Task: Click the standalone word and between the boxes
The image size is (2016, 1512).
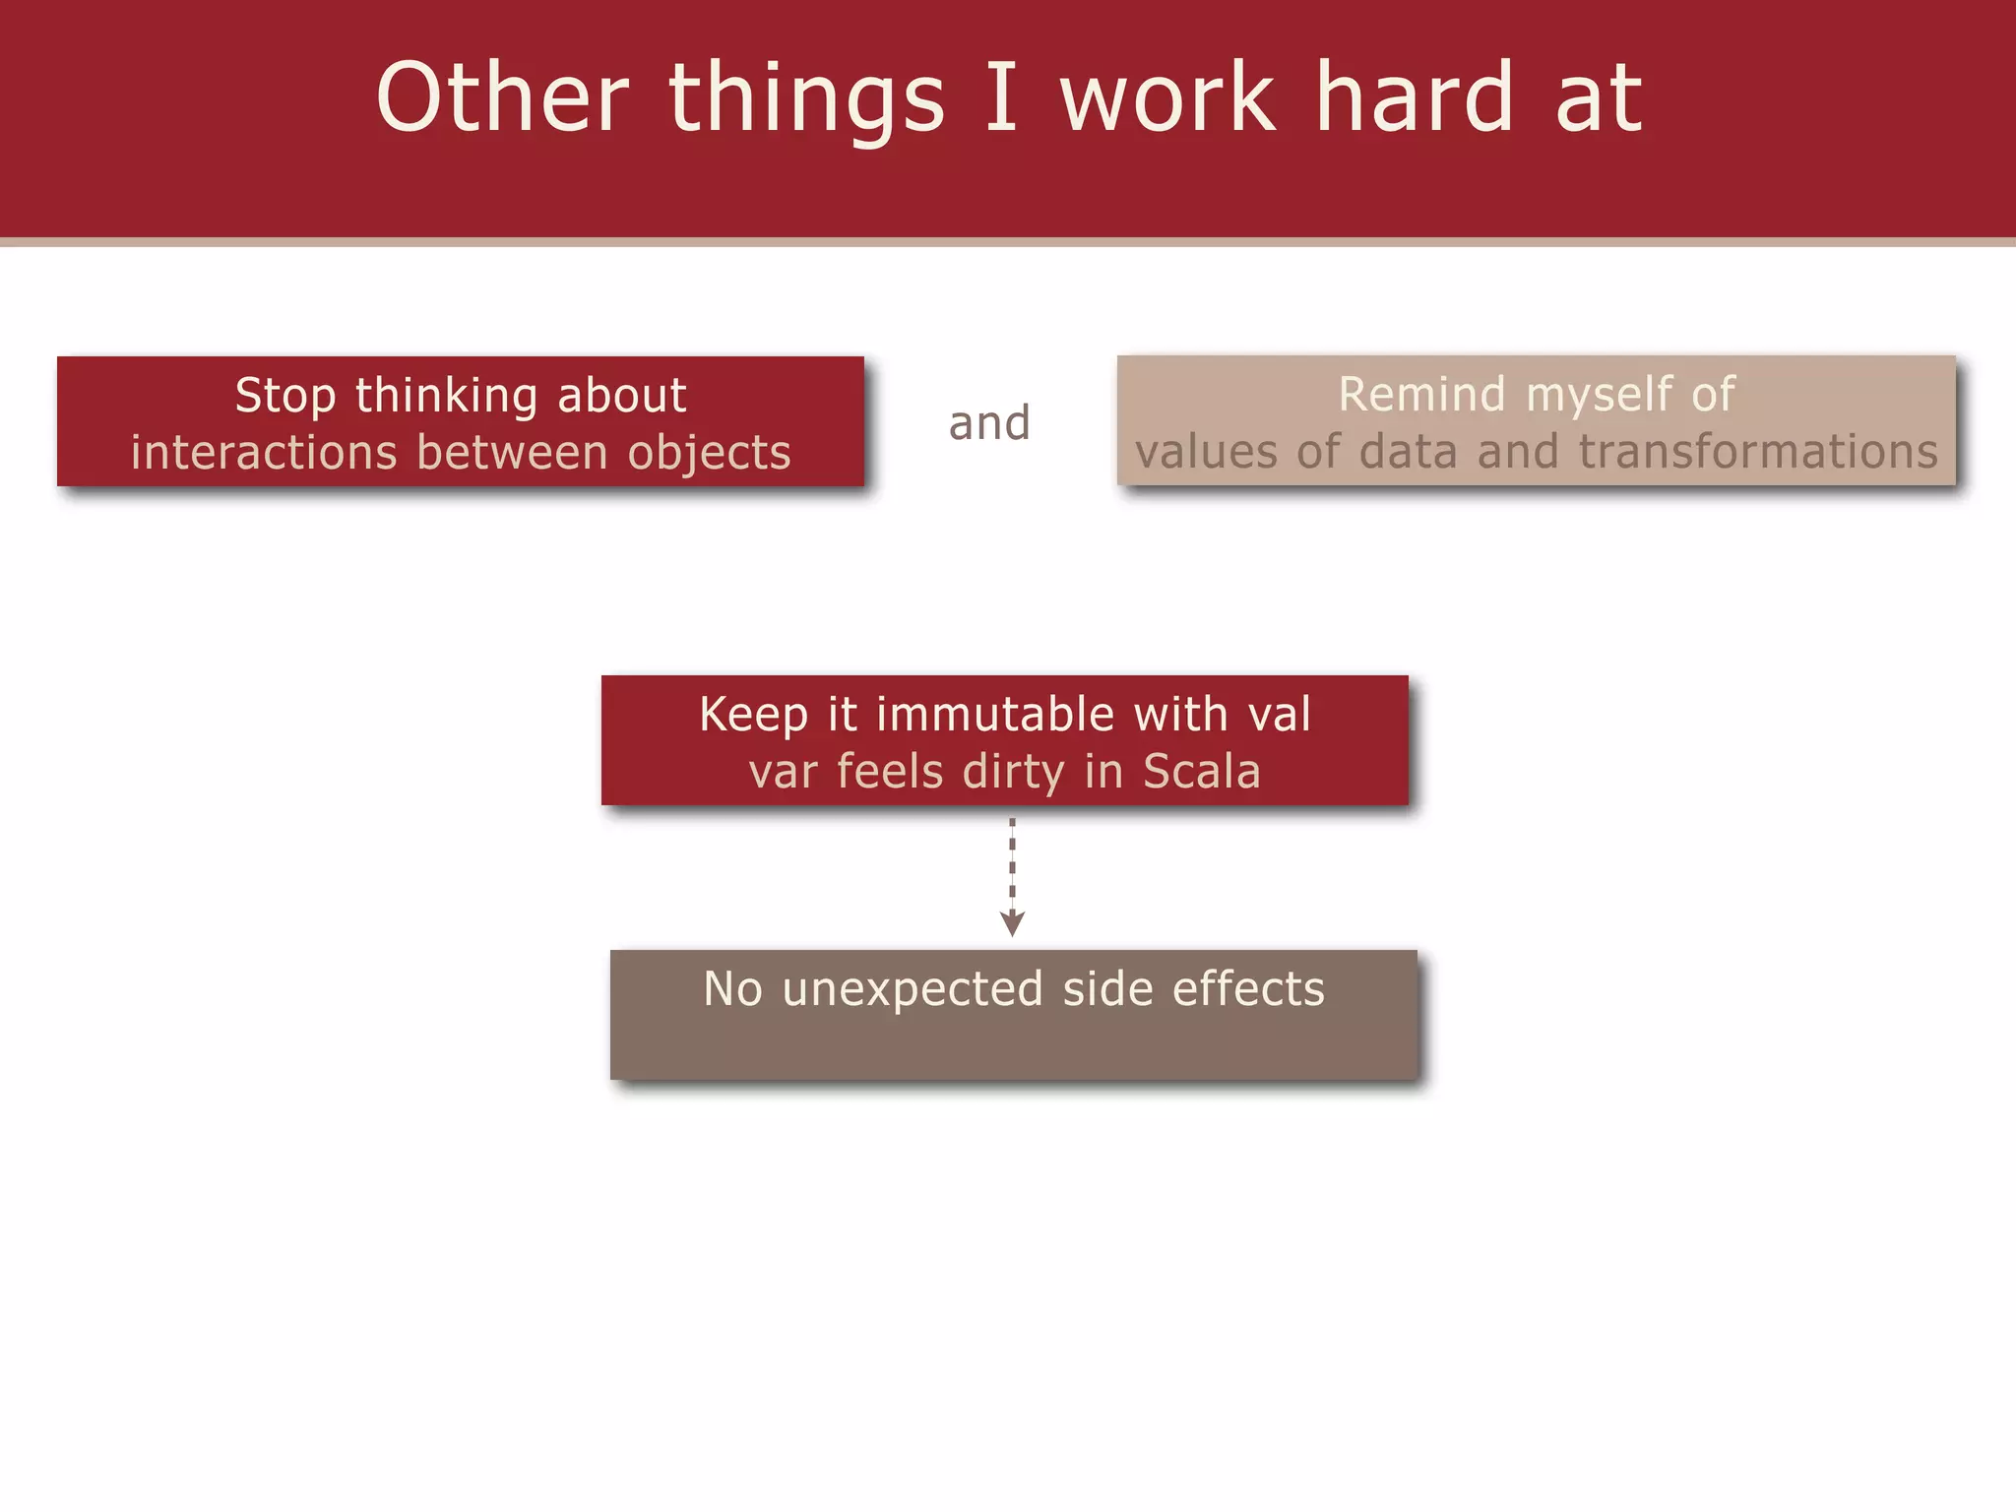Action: point(989,423)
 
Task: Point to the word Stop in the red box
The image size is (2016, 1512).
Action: point(284,396)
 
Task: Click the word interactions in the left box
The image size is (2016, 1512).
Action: point(263,453)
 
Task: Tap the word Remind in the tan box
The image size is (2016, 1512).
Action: point(1421,395)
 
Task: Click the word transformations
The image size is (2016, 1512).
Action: point(1758,452)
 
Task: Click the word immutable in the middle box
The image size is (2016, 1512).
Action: point(995,714)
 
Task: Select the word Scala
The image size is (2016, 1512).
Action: point(1201,771)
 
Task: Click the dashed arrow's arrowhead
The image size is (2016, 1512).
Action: point(1012,923)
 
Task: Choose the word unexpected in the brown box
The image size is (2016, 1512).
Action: point(912,990)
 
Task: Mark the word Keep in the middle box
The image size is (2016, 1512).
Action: point(753,716)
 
